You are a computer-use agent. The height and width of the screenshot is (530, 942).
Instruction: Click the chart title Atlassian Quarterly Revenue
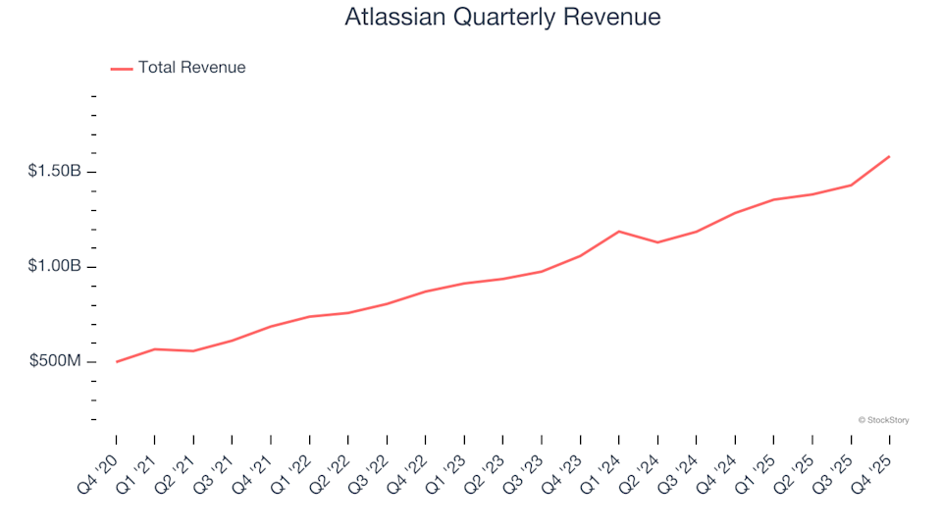[502, 18]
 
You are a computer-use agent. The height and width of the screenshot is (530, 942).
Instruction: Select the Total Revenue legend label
[191, 68]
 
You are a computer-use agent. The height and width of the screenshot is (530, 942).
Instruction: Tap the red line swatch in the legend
[122, 69]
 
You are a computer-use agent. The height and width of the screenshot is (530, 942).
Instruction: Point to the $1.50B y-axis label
[56, 172]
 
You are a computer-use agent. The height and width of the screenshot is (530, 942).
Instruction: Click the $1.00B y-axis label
[56, 267]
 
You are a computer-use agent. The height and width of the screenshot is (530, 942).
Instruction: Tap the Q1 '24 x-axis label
[602, 470]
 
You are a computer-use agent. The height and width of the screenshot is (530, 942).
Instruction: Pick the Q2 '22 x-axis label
[332, 470]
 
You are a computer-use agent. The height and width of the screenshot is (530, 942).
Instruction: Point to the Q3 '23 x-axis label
[525, 470]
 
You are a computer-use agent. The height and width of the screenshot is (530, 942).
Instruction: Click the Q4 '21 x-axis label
[254, 470]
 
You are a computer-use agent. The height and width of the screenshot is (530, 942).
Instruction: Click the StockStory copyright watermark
[883, 420]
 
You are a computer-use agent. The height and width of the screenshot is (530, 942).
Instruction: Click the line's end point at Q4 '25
[889, 156]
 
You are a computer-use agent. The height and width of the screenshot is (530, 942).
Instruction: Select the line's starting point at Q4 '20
[117, 362]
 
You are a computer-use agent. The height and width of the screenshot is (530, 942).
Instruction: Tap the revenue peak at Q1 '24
[619, 232]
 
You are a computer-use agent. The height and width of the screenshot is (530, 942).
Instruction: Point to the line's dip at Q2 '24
[657, 242]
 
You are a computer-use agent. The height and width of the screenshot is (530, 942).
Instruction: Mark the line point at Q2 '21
[193, 351]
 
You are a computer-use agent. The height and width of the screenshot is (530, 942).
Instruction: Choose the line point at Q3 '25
[851, 185]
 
